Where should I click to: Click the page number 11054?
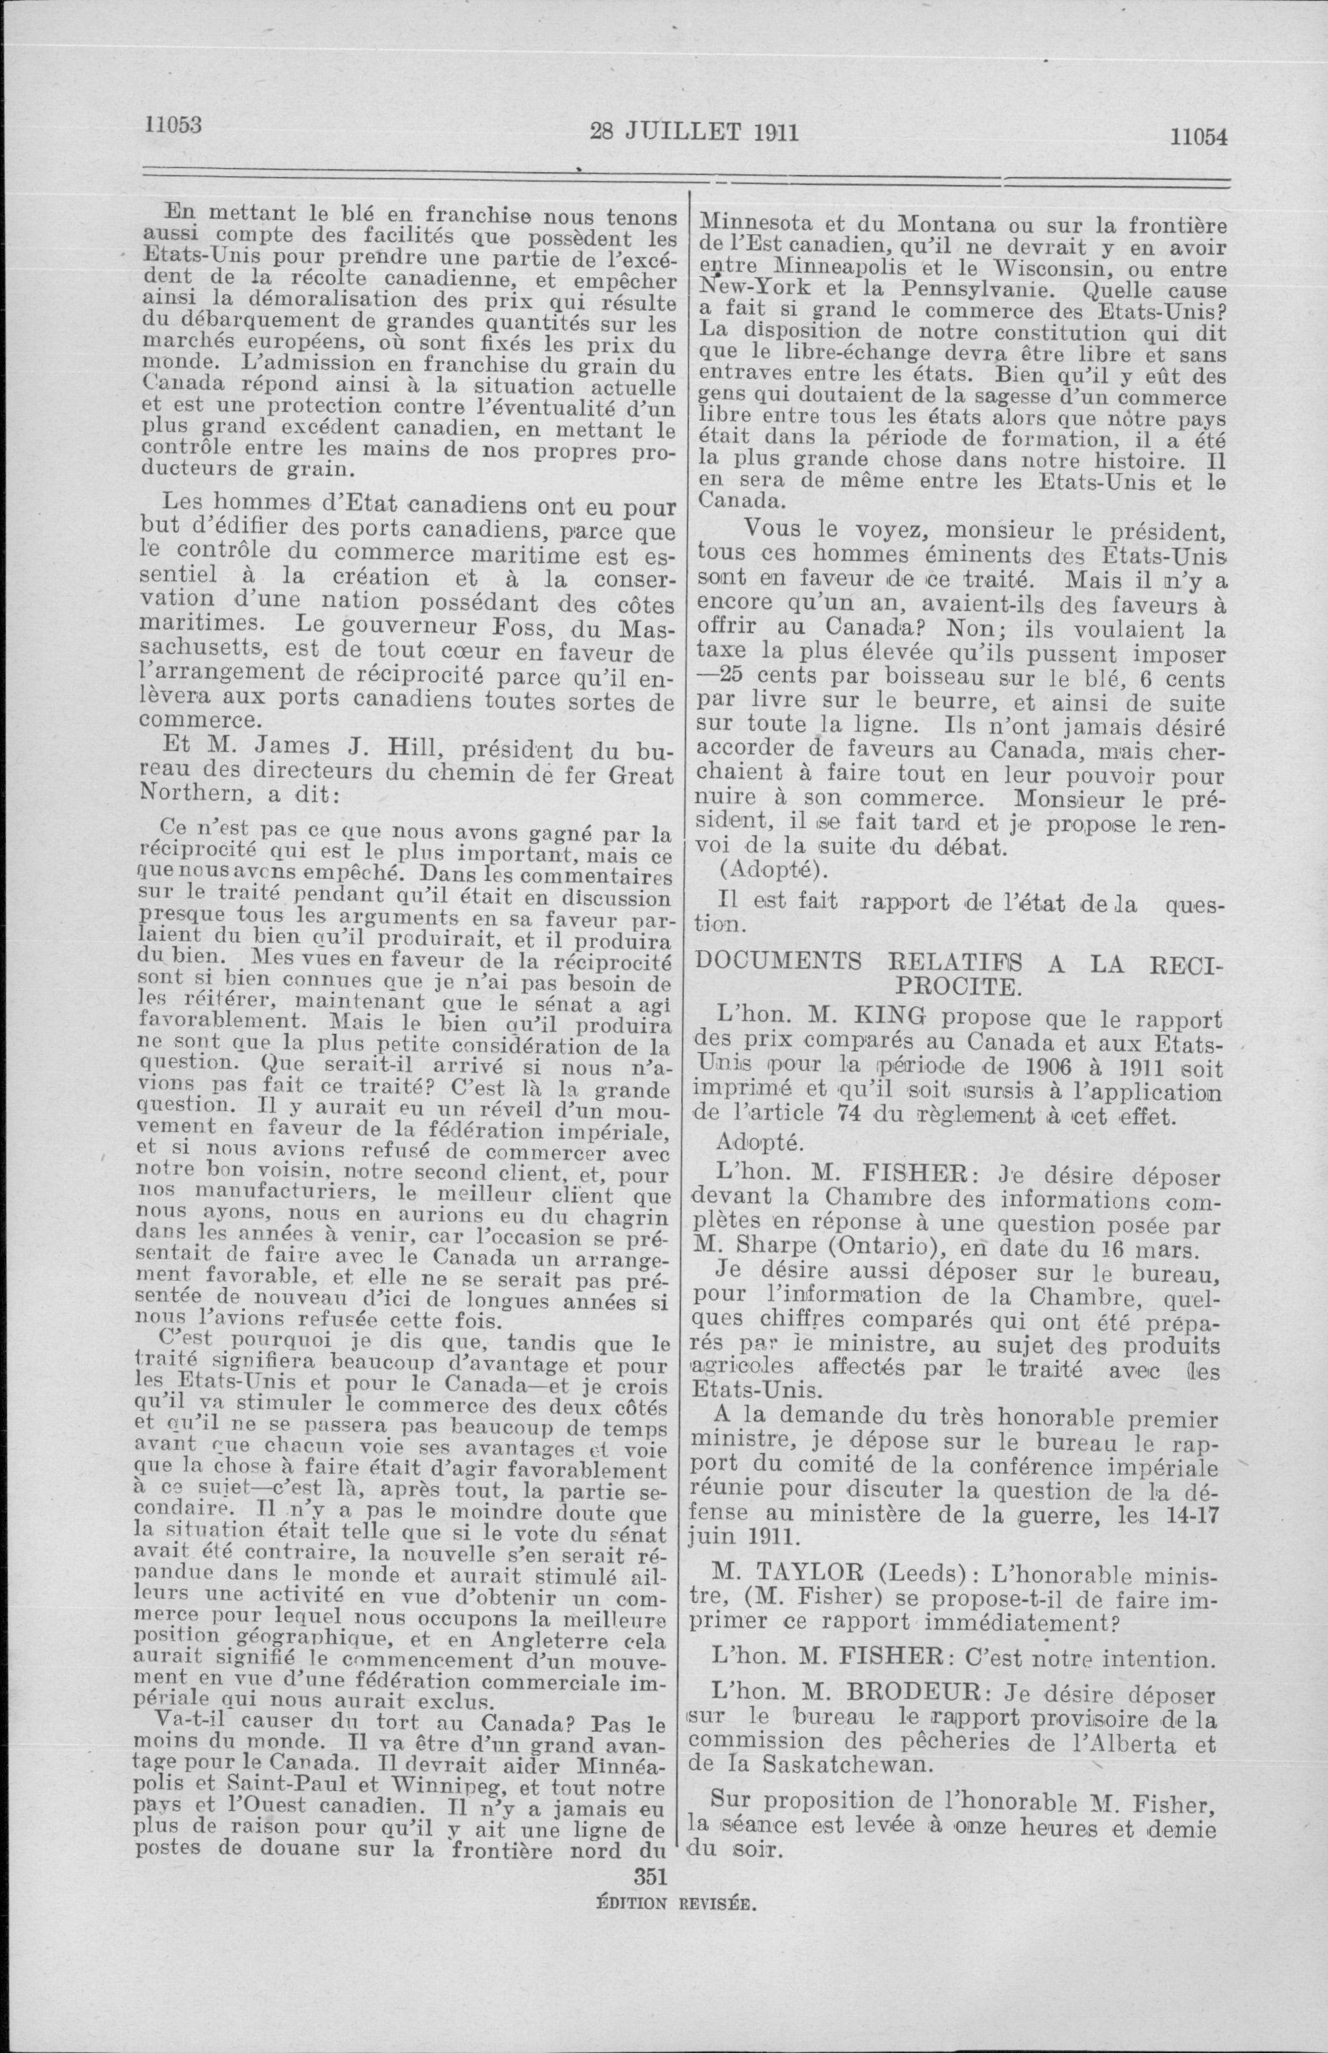(x=1198, y=136)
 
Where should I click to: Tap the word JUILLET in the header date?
(x=686, y=132)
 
